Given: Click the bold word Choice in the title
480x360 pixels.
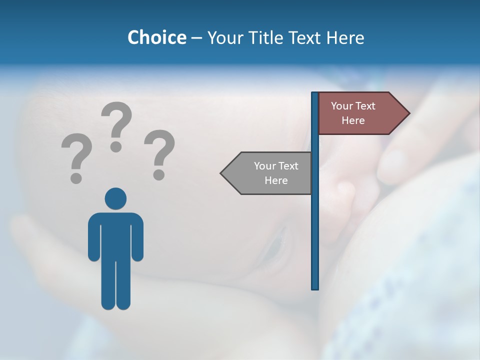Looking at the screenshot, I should tap(156, 37).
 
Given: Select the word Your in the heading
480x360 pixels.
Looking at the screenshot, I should tap(225, 37).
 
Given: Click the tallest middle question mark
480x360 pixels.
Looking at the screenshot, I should tap(116, 125).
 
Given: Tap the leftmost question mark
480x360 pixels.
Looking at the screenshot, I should tap(76, 157).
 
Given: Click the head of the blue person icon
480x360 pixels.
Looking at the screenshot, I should tap(115, 198).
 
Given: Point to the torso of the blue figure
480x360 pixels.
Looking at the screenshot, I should tap(115, 235).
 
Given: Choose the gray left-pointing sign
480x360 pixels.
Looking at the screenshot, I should tap(270, 173).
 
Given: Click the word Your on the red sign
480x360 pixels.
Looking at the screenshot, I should tap(342, 106).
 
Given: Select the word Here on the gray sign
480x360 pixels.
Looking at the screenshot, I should tap(276, 180).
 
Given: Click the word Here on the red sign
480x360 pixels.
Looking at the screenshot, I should tap(353, 120).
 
